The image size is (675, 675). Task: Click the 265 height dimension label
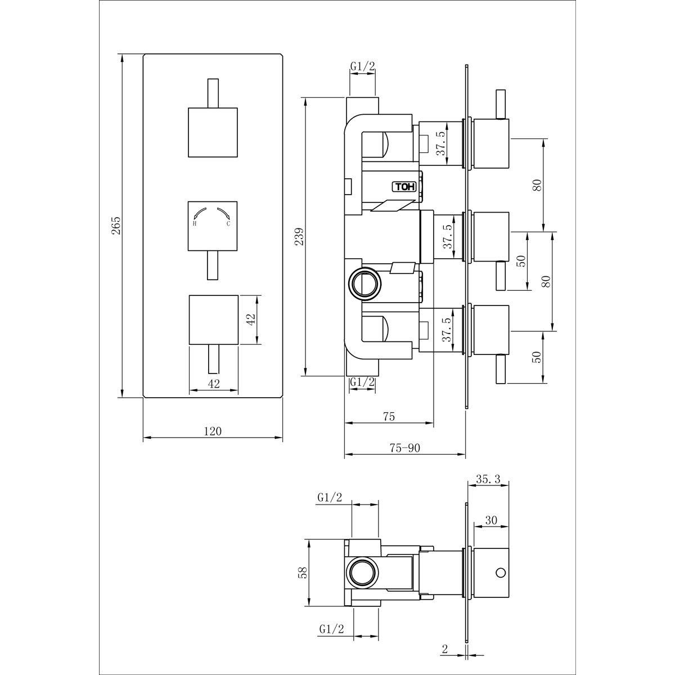(x=116, y=226)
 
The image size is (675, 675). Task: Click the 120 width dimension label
(x=213, y=431)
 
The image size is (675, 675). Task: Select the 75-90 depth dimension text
(x=405, y=448)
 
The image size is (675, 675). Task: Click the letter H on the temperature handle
(x=195, y=223)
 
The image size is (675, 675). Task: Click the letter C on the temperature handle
(x=228, y=223)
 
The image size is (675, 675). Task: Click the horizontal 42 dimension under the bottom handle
(x=214, y=384)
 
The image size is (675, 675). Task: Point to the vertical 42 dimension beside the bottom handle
(x=251, y=319)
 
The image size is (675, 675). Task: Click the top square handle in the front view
(x=213, y=132)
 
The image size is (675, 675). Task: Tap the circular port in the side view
(x=366, y=283)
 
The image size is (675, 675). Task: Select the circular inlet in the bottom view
(x=363, y=573)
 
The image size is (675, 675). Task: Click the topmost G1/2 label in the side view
(x=363, y=66)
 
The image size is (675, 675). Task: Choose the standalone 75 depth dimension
(x=389, y=416)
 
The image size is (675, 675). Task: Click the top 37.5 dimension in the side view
(x=443, y=143)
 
